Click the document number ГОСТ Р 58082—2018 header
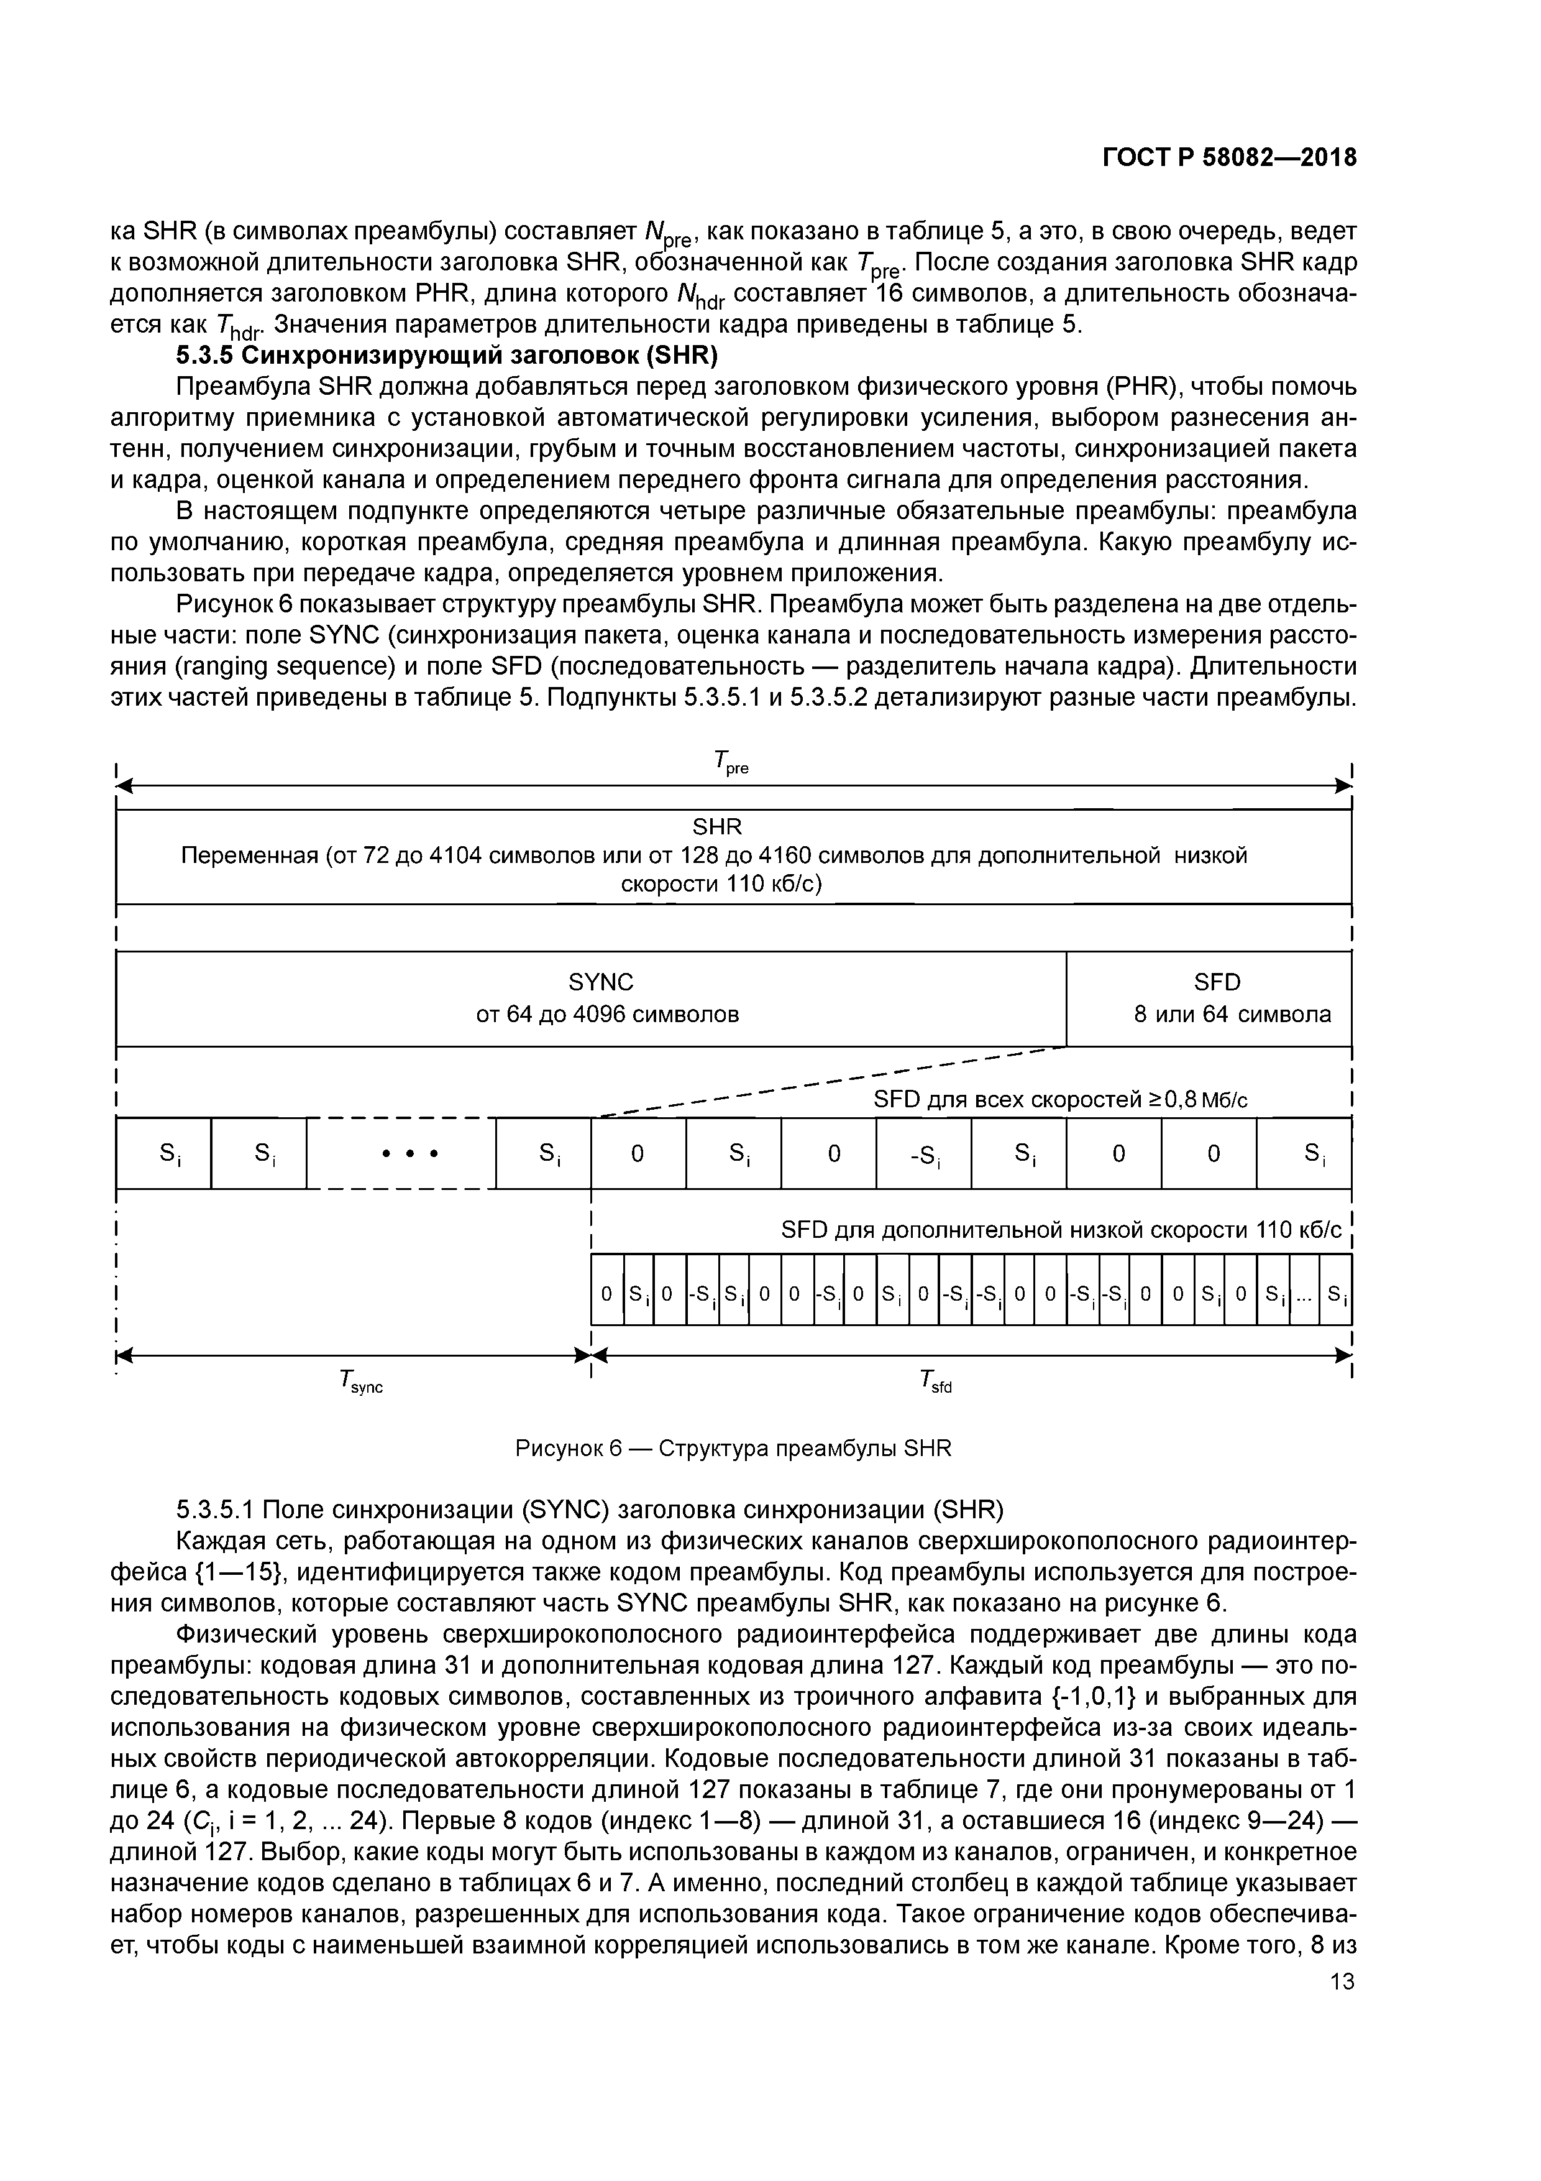(x=1228, y=158)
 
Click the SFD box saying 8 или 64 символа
(x=1232, y=1013)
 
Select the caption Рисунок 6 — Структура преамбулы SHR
(x=732, y=1449)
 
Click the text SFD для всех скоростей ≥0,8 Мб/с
(x=1059, y=1100)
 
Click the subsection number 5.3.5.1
(x=214, y=1510)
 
